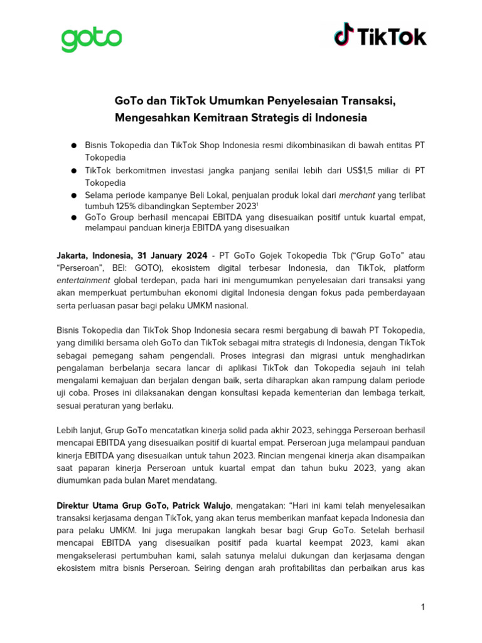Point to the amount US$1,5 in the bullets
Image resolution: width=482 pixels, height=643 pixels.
click(x=361, y=170)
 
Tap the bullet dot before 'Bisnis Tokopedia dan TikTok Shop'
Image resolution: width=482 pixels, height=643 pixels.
click(x=73, y=146)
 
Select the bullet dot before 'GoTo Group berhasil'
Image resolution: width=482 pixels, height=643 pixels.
click(x=73, y=218)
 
